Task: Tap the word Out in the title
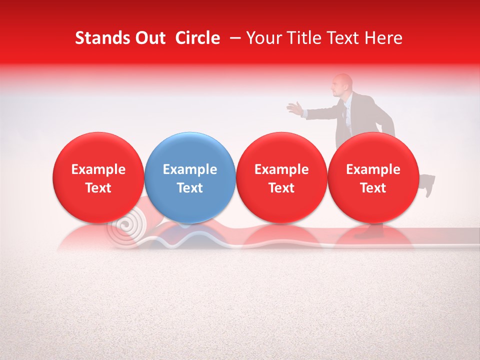(x=150, y=38)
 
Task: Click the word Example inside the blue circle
(x=190, y=169)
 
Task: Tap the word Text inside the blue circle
(x=190, y=188)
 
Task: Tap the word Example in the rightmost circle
(x=373, y=169)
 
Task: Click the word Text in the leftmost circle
(x=98, y=188)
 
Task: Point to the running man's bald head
(x=343, y=82)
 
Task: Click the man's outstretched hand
(x=295, y=107)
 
